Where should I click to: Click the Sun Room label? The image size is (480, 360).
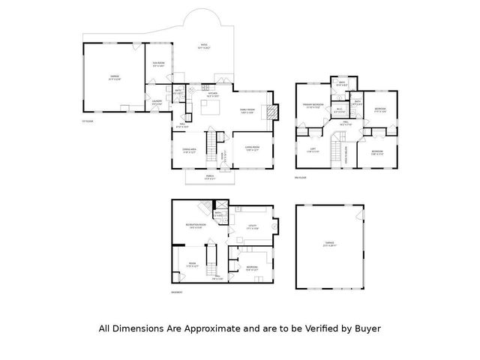(159, 64)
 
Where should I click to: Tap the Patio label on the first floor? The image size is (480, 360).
(203, 46)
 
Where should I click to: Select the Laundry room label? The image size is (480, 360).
(157, 102)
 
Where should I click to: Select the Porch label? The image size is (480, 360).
(211, 178)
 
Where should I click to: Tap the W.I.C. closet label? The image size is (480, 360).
(339, 110)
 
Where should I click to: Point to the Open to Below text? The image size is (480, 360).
(346, 154)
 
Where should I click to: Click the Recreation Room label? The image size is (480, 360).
(196, 226)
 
